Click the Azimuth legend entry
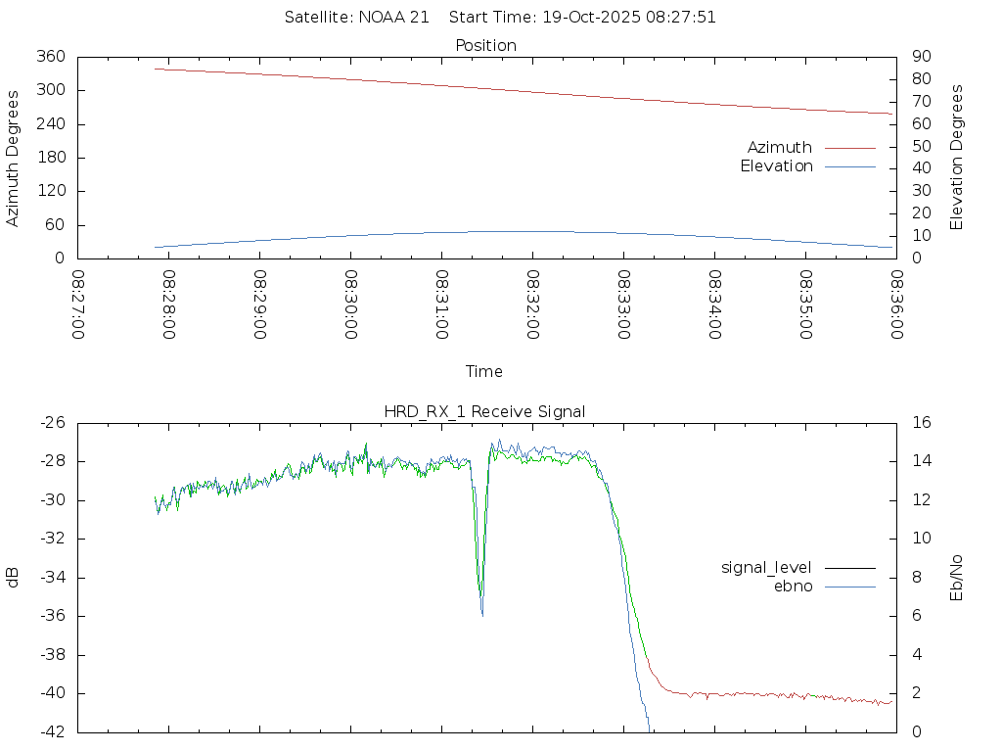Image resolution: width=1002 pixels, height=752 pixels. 780,147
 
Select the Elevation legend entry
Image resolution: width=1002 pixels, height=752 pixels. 776,166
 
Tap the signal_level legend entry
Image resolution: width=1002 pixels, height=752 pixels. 766,568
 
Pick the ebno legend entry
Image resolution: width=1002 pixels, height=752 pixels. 793,587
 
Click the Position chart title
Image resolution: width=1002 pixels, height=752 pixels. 486,46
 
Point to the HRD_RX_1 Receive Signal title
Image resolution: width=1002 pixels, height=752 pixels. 484,411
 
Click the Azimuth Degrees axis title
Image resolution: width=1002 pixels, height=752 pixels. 13,158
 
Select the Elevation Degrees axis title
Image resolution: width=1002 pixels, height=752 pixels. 957,158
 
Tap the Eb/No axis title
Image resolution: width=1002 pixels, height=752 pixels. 957,578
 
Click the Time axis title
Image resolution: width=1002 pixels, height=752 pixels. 484,372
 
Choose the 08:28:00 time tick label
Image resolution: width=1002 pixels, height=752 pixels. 169,305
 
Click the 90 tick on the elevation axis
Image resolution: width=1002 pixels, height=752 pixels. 919,57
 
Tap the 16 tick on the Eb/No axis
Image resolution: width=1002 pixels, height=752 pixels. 921,423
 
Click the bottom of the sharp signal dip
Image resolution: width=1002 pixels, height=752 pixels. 481,614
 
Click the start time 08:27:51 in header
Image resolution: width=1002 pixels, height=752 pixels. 685,18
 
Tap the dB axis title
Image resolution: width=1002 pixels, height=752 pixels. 13,578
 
